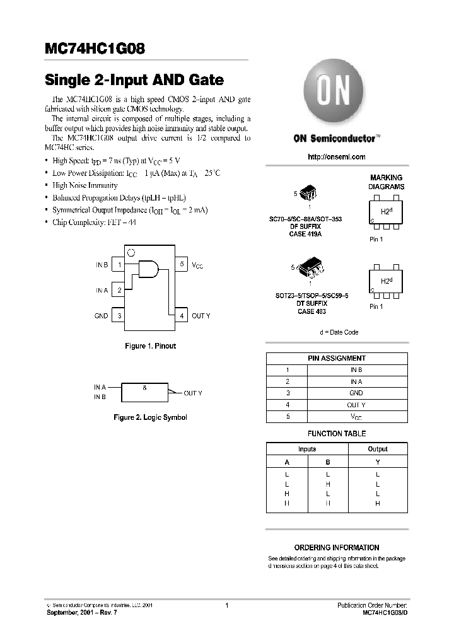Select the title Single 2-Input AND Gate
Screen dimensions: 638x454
click(134, 80)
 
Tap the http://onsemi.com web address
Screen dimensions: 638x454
click(337, 157)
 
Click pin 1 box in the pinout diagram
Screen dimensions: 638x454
click(119, 265)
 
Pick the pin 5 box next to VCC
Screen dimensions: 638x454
click(182, 265)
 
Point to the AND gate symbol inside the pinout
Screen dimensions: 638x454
click(148, 269)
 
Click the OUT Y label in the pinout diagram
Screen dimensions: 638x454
click(201, 316)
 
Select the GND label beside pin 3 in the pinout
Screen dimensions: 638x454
click(101, 316)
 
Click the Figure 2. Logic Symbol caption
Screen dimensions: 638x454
click(149, 417)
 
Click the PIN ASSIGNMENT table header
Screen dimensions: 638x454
click(337, 358)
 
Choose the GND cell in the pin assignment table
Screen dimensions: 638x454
click(356, 393)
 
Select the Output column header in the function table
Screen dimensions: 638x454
click(377, 449)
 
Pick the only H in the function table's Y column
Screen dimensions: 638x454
click(377, 504)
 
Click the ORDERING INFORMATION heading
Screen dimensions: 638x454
click(337, 548)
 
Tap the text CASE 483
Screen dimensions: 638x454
click(311, 311)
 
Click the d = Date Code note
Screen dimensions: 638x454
click(339, 332)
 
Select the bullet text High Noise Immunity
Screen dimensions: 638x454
click(84, 185)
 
